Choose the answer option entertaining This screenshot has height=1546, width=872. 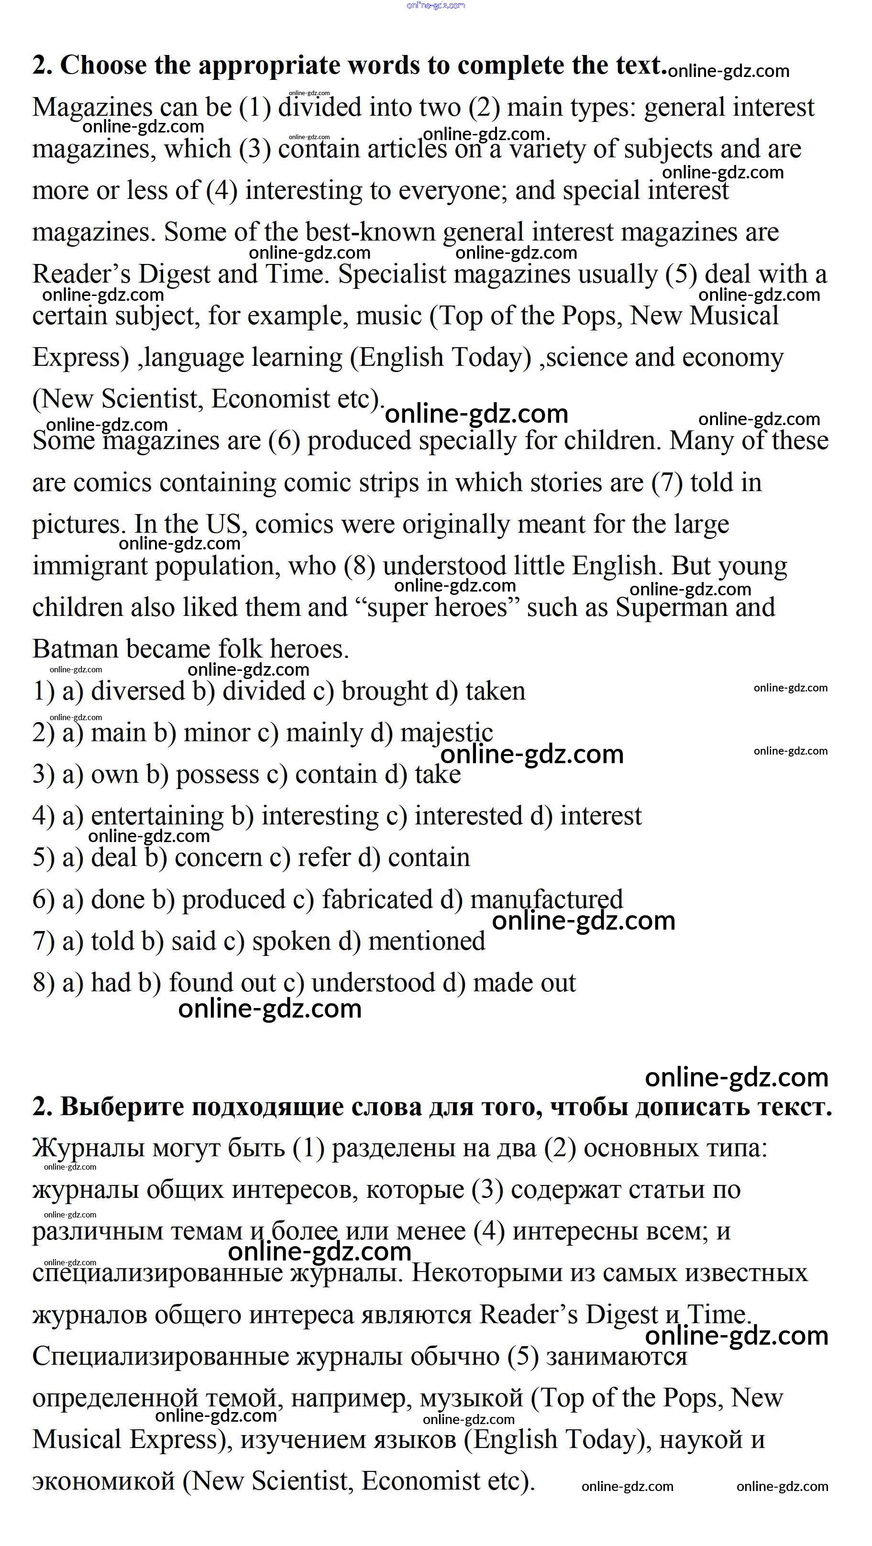click(157, 816)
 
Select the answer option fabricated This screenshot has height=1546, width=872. click(377, 899)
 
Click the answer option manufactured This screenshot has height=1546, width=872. click(546, 899)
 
